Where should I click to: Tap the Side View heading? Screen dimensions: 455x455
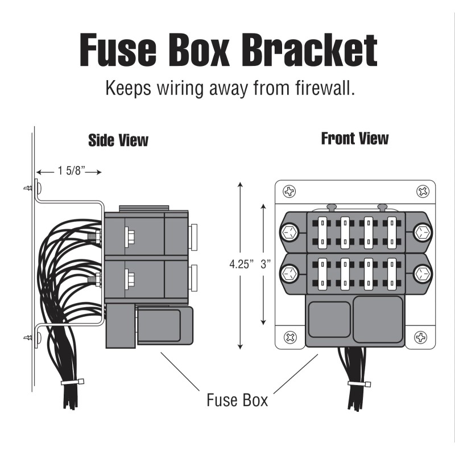(x=118, y=140)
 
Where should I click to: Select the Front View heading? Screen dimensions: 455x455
(x=355, y=138)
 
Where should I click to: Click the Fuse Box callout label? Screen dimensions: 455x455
(x=237, y=400)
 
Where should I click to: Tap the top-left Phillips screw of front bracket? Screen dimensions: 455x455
(x=289, y=192)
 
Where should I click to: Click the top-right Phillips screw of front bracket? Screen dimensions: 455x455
(x=422, y=192)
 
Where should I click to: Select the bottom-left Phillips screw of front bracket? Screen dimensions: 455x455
(x=289, y=337)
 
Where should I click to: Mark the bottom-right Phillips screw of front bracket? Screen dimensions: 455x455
(x=422, y=337)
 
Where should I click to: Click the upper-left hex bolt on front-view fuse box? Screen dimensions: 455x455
(x=288, y=231)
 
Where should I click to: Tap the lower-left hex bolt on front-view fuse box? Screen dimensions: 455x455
(x=288, y=274)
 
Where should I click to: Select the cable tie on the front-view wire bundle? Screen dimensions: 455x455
(x=357, y=383)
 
